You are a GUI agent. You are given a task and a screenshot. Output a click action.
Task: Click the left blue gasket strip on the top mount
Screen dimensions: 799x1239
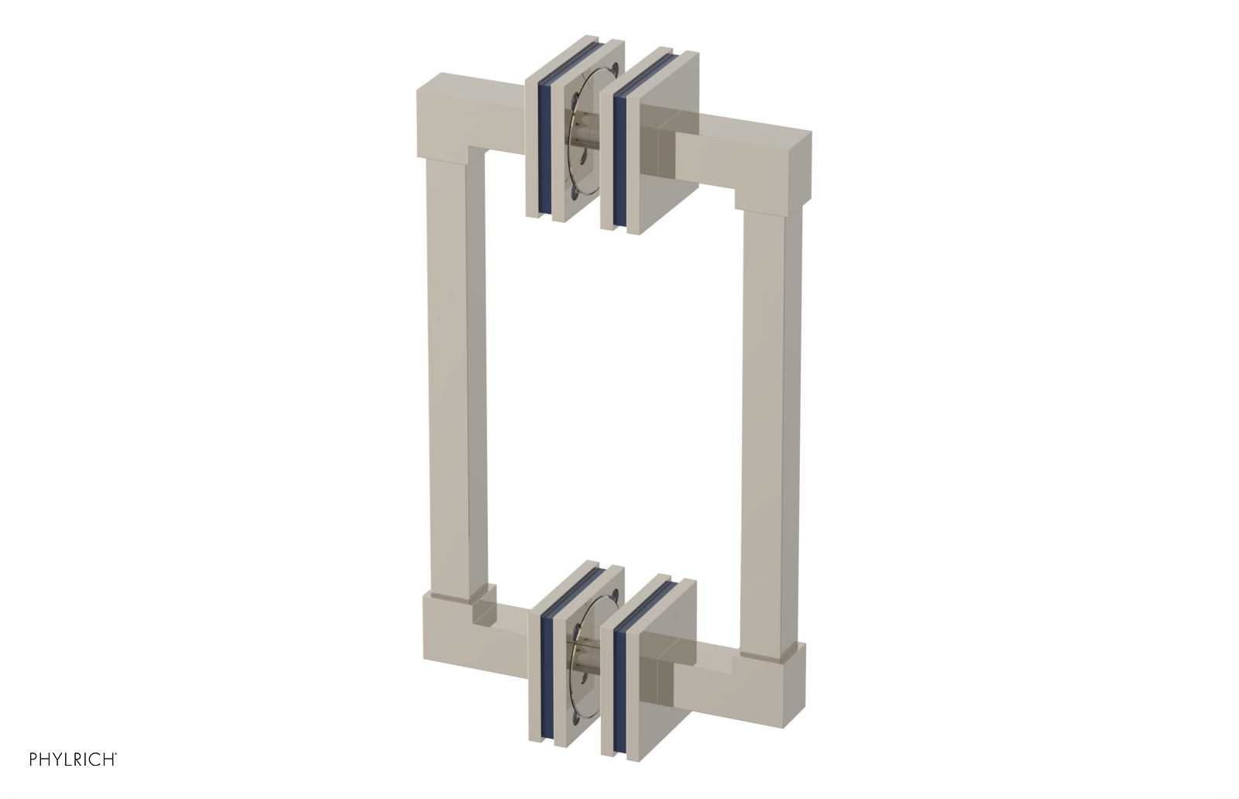(x=544, y=147)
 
